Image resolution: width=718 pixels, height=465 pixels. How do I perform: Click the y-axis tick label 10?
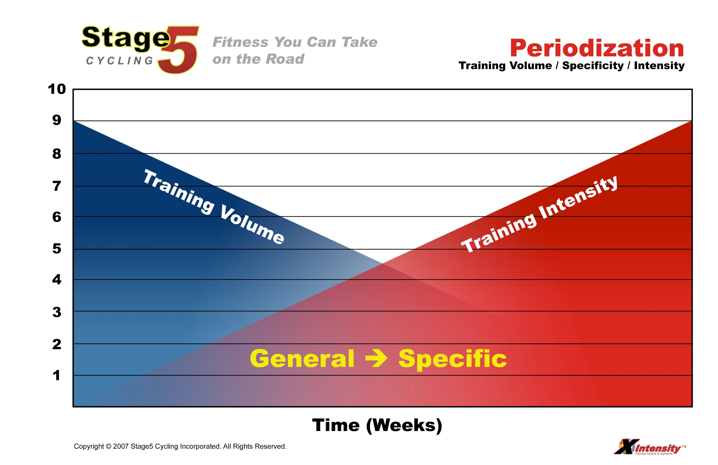[57, 89]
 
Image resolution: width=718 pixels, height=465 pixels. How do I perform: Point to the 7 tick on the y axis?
[57, 186]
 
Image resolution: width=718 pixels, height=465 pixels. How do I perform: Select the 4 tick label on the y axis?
[57, 280]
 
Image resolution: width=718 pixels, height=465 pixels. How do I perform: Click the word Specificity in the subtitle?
[593, 66]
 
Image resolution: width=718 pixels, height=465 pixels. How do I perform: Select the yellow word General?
[302, 359]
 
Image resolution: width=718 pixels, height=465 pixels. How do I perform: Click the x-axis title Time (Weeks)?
[377, 425]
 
